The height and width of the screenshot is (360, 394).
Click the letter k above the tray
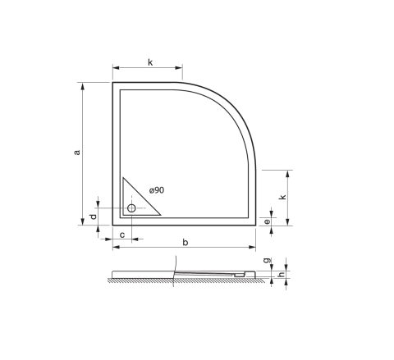coord(150,62)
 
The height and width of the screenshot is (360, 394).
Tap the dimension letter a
coord(76,152)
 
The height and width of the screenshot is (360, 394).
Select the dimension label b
coord(186,242)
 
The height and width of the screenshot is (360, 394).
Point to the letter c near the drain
coord(121,235)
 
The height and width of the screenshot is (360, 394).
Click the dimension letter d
coord(93,216)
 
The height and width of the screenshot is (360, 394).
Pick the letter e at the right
coord(268,221)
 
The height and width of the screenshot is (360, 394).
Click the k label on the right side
coord(282,198)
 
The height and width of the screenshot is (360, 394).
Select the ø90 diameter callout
coord(157,190)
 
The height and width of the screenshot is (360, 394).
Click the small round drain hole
coord(131,208)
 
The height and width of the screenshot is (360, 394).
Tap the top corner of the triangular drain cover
coord(122,179)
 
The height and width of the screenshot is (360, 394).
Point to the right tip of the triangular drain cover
coord(160,215)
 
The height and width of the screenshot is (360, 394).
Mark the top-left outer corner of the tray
coord(112,82)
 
